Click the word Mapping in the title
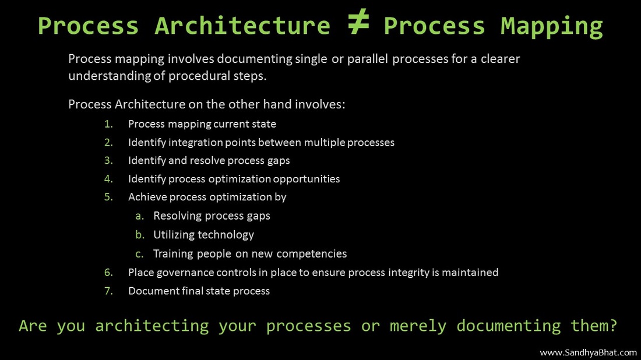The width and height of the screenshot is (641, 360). click(x=551, y=27)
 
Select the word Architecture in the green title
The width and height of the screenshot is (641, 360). click(x=242, y=26)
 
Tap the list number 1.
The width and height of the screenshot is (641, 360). click(x=108, y=124)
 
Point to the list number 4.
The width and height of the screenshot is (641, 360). click(x=108, y=179)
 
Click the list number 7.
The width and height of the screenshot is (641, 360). click(x=108, y=291)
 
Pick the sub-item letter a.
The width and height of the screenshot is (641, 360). click(x=139, y=216)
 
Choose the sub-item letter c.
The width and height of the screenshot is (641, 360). click(x=139, y=254)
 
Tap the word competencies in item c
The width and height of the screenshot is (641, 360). click(x=312, y=254)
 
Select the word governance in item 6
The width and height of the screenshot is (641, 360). click(x=185, y=273)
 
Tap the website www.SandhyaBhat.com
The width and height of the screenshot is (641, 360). click(x=589, y=352)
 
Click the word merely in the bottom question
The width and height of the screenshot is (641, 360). click(x=417, y=326)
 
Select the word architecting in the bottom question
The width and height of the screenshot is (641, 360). click(x=152, y=326)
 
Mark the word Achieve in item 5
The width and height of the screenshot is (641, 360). click(x=147, y=197)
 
